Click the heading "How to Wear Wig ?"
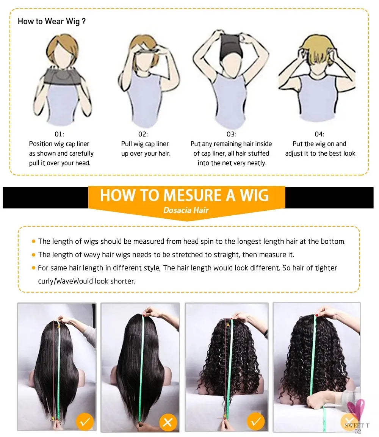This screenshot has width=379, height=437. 52,22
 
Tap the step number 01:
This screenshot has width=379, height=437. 60,134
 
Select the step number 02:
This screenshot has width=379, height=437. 143,134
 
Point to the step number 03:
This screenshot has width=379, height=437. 231,134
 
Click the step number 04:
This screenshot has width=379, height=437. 319,134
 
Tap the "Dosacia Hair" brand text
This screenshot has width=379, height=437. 186,210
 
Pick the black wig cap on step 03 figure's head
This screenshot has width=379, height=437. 230,45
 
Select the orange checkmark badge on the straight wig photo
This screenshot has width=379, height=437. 85,422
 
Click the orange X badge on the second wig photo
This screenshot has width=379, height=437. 168,422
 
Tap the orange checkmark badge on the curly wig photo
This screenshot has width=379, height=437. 255,422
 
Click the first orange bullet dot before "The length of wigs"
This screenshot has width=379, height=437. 33,241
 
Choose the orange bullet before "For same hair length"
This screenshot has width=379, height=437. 33,268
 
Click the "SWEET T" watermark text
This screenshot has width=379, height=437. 357,426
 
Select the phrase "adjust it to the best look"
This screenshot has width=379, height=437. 320,153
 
